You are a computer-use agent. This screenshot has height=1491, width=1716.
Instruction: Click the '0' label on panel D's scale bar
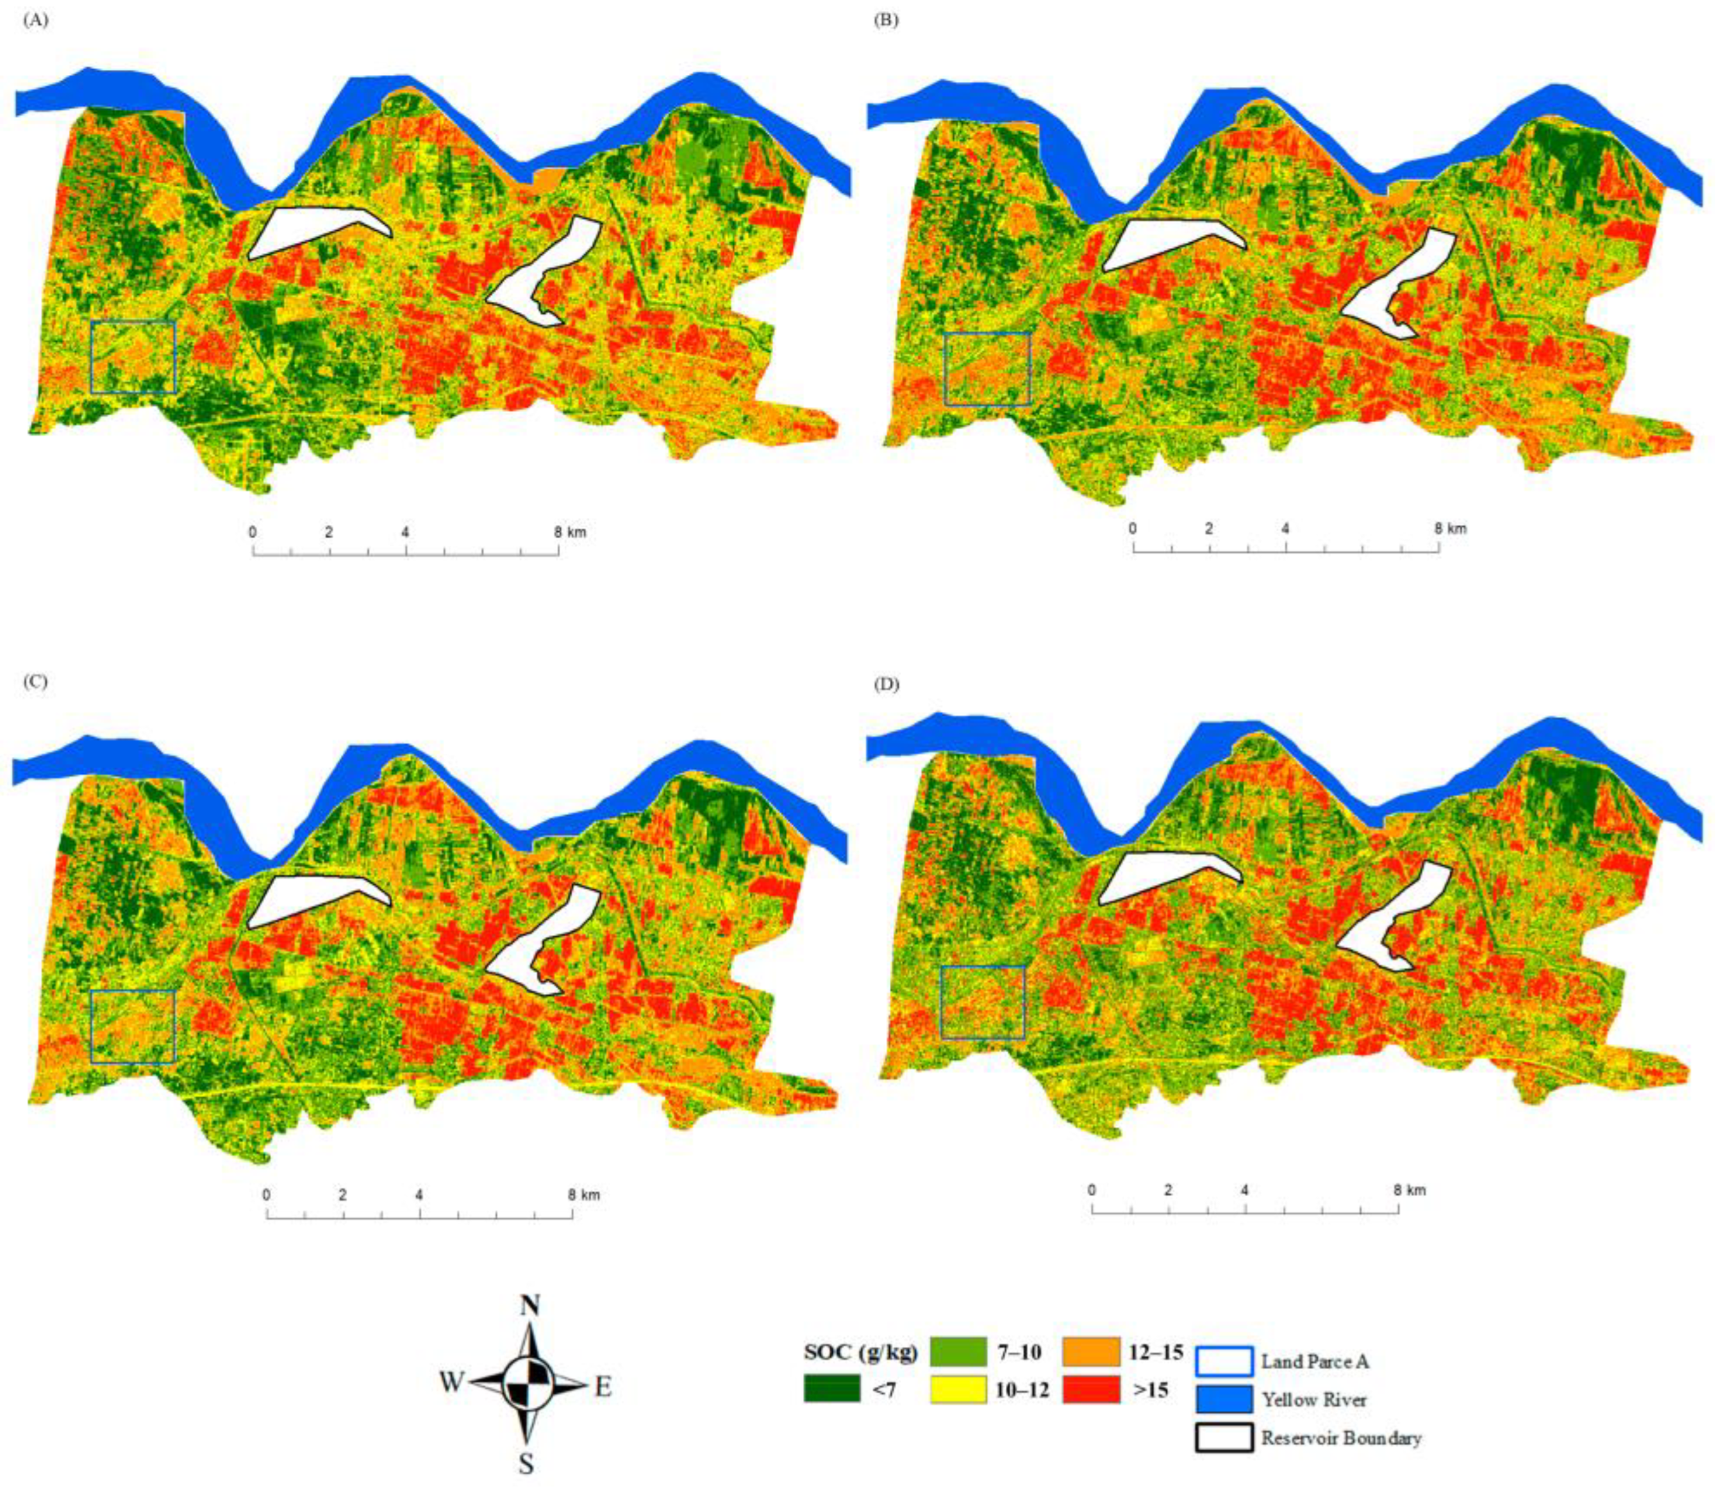coord(1092,1190)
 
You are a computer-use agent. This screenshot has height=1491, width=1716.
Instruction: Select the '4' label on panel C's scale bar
coord(419,1196)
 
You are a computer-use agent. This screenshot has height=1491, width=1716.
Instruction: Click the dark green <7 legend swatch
coord(831,1388)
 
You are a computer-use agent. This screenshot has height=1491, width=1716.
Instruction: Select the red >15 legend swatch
coord(1090,1388)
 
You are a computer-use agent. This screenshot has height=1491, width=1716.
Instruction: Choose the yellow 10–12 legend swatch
coord(958,1388)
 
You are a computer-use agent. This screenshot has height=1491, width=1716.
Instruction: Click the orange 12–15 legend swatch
coord(1090,1353)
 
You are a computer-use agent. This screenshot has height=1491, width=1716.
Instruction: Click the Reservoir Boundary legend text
coord(1340,1438)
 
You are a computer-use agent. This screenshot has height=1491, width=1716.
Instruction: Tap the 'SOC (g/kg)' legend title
coord(860,1352)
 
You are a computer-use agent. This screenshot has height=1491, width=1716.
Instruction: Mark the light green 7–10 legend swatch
coord(958,1353)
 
